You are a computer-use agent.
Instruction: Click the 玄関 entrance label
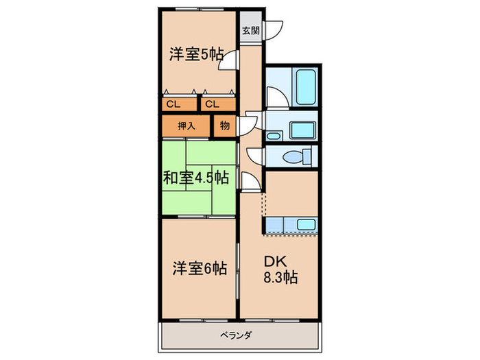pyautogui.click(x=250, y=31)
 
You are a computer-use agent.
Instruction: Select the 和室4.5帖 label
pyautogui.click(x=195, y=178)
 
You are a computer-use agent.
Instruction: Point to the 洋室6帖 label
pyautogui.click(x=199, y=269)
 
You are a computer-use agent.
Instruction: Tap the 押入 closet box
pyautogui.click(x=186, y=125)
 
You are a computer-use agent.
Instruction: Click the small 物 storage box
pyautogui.click(x=225, y=125)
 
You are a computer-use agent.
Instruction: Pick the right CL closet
pyautogui.click(x=212, y=104)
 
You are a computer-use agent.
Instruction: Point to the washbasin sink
pyautogui.click(x=301, y=130)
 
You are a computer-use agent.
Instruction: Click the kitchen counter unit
pyautogui.click(x=291, y=225)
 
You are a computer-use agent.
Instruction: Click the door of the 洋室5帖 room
pyautogui.click(x=232, y=61)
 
